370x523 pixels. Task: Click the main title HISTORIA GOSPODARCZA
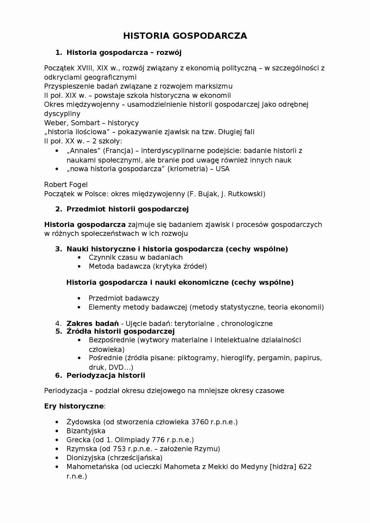pos(185,36)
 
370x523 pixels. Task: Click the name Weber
pos(55,123)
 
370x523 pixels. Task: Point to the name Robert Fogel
pos(66,185)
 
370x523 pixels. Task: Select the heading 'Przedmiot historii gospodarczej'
pos(127,209)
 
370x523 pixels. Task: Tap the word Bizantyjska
pos(86,431)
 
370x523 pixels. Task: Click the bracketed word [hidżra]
pos(283,467)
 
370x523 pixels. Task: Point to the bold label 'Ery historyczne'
pos(74,406)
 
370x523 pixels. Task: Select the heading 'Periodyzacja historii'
pos(106,375)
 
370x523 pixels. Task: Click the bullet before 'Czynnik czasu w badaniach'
pos(79,258)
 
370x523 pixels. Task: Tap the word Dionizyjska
pos(86,458)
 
